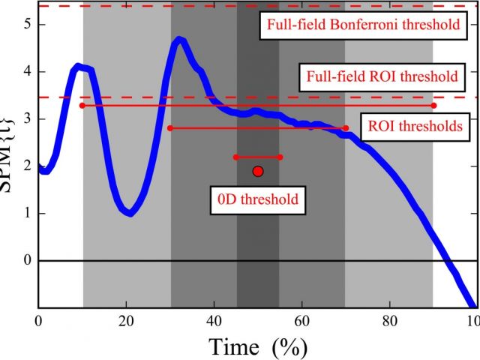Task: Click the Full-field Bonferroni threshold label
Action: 361,24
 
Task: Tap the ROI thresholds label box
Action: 415,125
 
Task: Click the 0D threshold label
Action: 258,199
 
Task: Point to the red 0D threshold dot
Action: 258,172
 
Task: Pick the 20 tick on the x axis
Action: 127,317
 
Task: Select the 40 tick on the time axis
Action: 214,317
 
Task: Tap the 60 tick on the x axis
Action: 302,317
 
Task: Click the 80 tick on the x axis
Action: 390,317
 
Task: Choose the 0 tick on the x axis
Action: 39,317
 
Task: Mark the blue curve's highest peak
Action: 178,39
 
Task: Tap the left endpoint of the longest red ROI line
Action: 82,106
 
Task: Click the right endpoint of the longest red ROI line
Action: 433,106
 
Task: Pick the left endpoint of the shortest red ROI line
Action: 236,157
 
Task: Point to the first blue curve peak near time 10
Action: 78,67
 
